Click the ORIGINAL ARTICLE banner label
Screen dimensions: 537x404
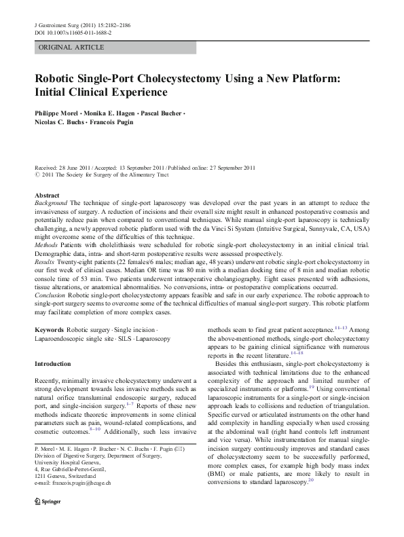pyautogui.click(x=72, y=48)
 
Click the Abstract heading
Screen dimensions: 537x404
pyautogui.click(x=47, y=195)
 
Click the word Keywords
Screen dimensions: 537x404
pyautogui.click(x=49, y=329)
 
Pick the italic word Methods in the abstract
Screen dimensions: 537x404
pyautogui.click(x=45, y=244)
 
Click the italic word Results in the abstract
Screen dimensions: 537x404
pyautogui.click(x=45, y=261)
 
